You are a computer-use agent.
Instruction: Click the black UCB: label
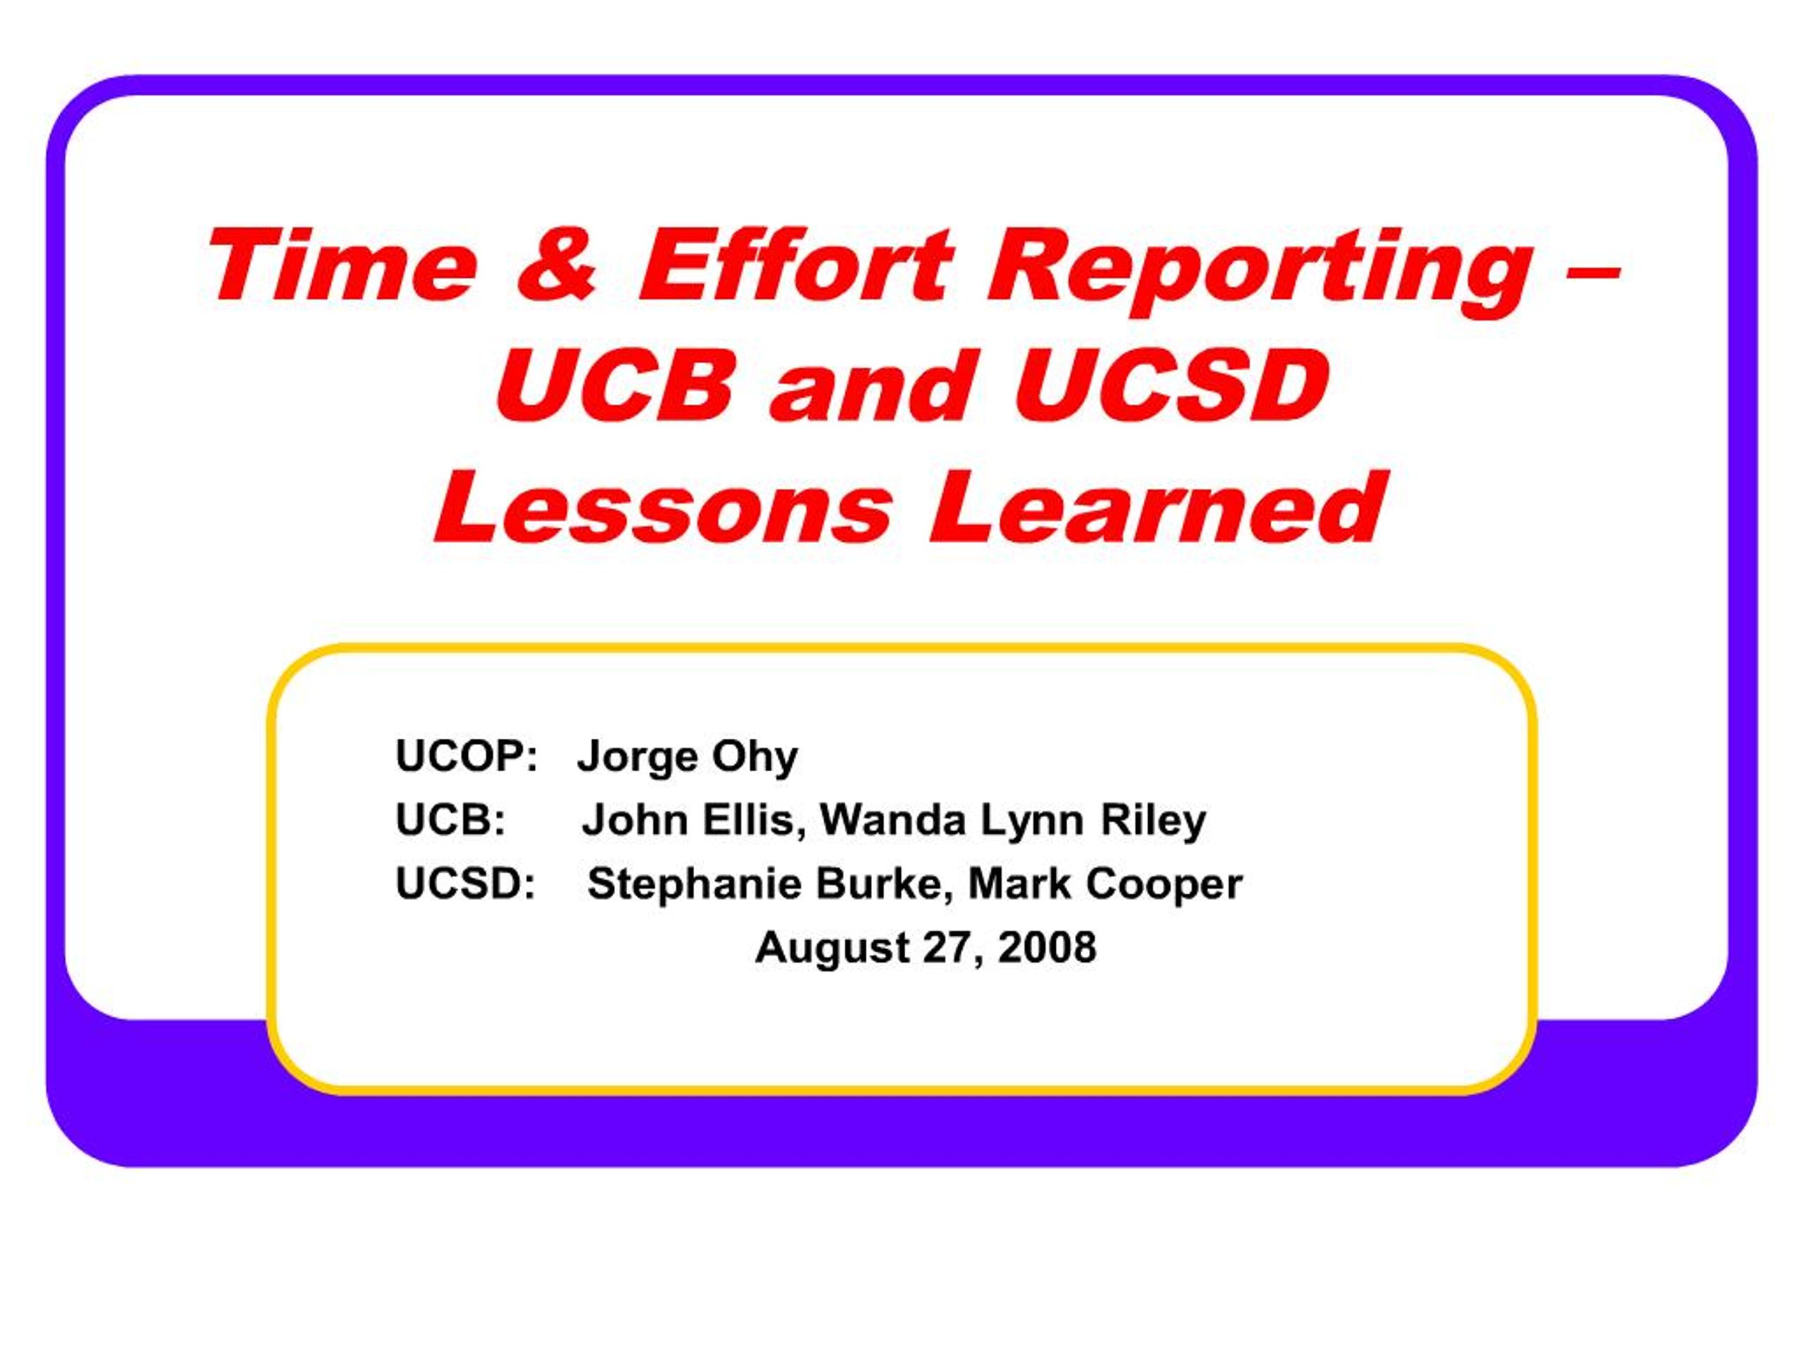pyautogui.click(x=450, y=819)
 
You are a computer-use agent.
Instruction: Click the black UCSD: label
pyautogui.click(x=465, y=883)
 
